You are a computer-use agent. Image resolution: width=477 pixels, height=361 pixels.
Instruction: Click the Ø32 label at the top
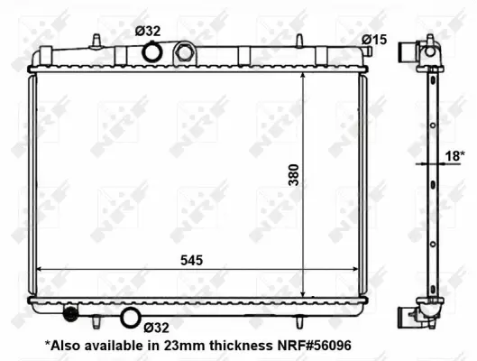(148, 31)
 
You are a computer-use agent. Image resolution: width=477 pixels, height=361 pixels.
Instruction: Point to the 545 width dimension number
(190, 260)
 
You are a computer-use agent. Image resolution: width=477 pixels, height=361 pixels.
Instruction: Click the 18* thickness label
(457, 155)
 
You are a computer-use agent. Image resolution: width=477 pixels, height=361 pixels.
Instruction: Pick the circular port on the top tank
(152, 52)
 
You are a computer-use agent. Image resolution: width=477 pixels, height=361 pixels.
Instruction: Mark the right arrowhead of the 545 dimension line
(357, 269)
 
